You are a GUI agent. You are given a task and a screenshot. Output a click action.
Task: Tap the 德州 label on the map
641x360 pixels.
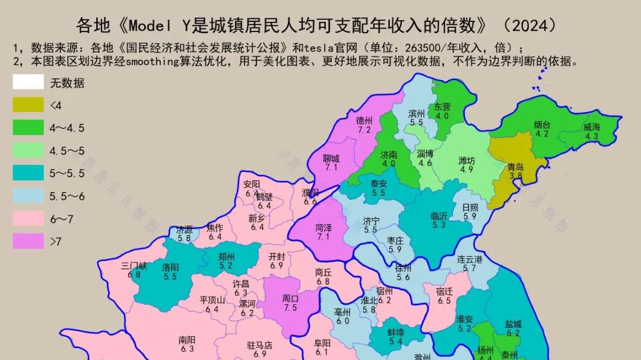click(x=364, y=120)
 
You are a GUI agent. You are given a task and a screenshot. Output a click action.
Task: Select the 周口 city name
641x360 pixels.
click(x=290, y=299)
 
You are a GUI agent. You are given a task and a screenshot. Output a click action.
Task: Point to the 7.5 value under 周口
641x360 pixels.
click(x=290, y=308)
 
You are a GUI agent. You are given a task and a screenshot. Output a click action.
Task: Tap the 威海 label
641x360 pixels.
click(x=591, y=127)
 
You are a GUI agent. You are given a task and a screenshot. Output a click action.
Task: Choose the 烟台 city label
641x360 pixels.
click(x=542, y=125)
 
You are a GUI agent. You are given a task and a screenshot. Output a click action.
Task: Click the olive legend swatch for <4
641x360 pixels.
click(x=28, y=104)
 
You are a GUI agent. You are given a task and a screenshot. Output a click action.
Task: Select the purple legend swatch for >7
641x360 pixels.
click(x=28, y=241)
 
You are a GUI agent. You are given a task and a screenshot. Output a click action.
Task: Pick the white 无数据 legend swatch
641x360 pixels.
click(x=28, y=82)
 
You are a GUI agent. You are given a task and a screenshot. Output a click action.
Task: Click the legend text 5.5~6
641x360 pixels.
click(x=67, y=196)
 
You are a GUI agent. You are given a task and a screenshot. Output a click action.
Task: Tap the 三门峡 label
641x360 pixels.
click(x=134, y=265)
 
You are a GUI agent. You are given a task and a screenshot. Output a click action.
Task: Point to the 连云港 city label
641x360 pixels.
click(x=469, y=259)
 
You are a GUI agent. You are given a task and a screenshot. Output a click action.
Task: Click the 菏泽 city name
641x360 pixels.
click(x=323, y=227)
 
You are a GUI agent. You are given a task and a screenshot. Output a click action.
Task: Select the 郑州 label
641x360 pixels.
click(x=226, y=257)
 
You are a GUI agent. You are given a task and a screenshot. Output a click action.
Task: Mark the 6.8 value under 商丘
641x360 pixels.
click(x=323, y=281)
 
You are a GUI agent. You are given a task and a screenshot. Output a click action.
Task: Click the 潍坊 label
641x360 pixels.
click(x=467, y=160)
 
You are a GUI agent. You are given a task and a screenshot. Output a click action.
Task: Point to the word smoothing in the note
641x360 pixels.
click(x=150, y=61)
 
